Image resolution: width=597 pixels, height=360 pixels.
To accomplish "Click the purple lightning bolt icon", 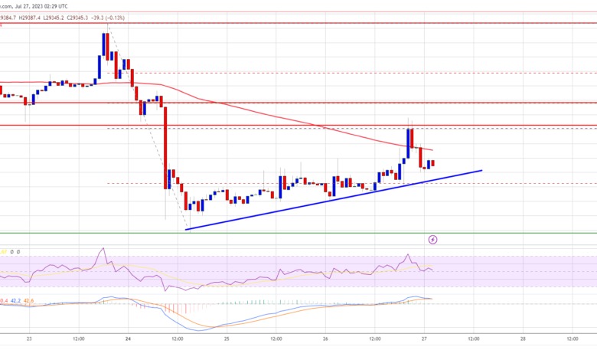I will click(432, 240).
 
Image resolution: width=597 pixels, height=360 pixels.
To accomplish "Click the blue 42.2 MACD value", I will click(16, 300).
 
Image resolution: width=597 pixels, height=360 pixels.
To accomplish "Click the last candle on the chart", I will click(433, 162).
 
